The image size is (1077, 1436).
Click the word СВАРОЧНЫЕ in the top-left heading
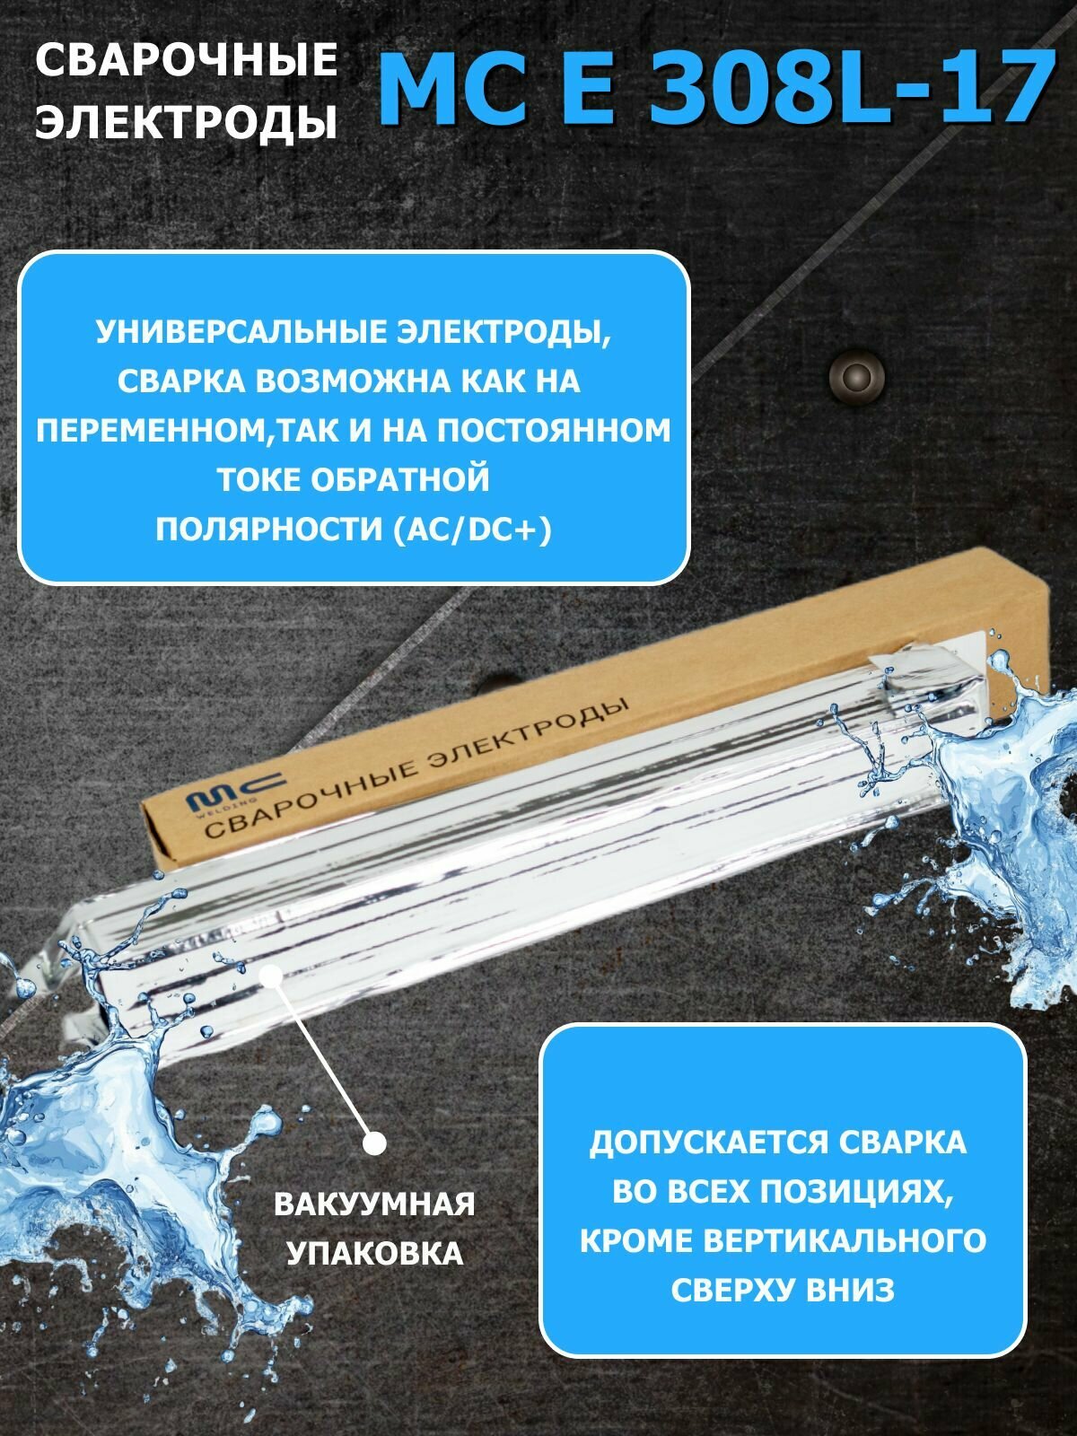[x=186, y=61]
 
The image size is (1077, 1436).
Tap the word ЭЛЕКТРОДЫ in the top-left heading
[x=186, y=122]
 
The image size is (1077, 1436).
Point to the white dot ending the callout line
[x=375, y=1143]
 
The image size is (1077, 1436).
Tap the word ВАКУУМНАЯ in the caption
[x=374, y=1204]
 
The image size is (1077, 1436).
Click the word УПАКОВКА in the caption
[x=374, y=1253]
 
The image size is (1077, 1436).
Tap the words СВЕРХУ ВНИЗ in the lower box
[x=783, y=1290]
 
